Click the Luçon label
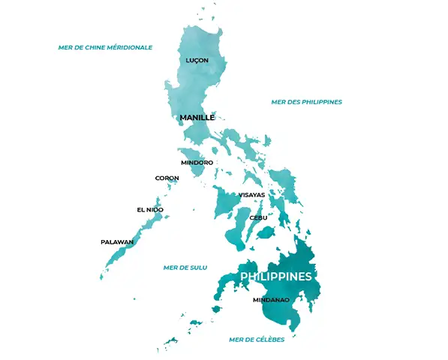coord(197,60)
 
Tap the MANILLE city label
coord(197,118)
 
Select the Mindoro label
coord(197,162)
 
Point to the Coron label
coord(167,178)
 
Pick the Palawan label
coord(117,242)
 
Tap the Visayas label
coord(251,195)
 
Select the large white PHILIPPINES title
coord(275,277)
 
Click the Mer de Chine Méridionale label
coord(105,47)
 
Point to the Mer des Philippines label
coord(306,102)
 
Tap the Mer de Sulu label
coord(185,267)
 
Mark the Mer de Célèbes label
coord(257,340)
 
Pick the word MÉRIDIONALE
coord(128,47)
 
